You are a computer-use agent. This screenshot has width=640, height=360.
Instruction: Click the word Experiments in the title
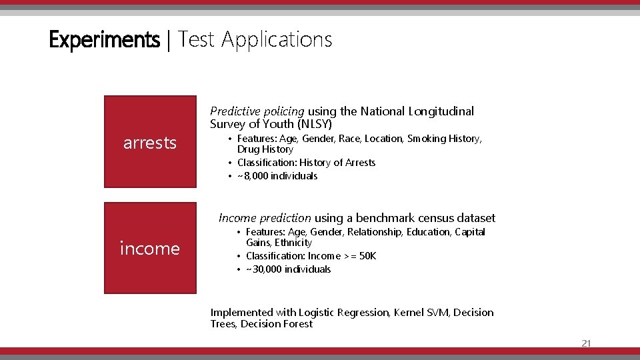[x=104, y=40]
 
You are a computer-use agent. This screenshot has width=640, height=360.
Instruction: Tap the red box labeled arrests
[x=150, y=142]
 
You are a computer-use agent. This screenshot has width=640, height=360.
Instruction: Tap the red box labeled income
[x=150, y=248]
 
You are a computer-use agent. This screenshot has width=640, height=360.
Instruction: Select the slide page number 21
[x=586, y=343]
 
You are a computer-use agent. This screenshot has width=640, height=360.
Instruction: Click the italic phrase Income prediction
[x=265, y=218]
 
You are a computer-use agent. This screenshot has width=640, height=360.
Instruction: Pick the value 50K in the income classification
[x=367, y=256]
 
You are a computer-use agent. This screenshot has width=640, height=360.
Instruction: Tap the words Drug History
[x=265, y=149]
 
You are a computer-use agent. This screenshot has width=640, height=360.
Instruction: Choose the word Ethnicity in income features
[x=293, y=243]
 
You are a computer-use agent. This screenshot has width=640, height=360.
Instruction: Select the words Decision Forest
[x=277, y=324]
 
